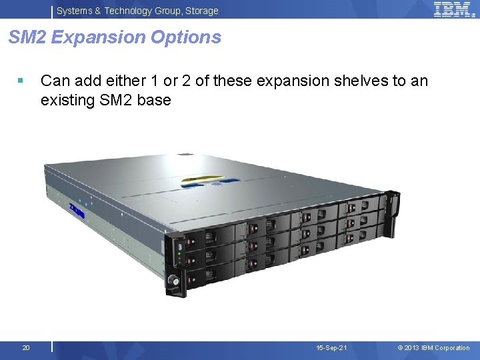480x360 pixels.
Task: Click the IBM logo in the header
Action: [x=453, y=9]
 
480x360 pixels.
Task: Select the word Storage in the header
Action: [x=201, y=11]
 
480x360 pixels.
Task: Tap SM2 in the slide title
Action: [x=27, y=37]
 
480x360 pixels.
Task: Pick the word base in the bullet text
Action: [x=156, y=101]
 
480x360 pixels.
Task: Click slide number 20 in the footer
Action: [x=25, y=348]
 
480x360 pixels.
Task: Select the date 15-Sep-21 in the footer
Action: [x=331, y=348]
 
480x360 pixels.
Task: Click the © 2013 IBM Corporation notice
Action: [x=433, y=348]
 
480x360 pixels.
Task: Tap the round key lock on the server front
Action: [x=175, y=281]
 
